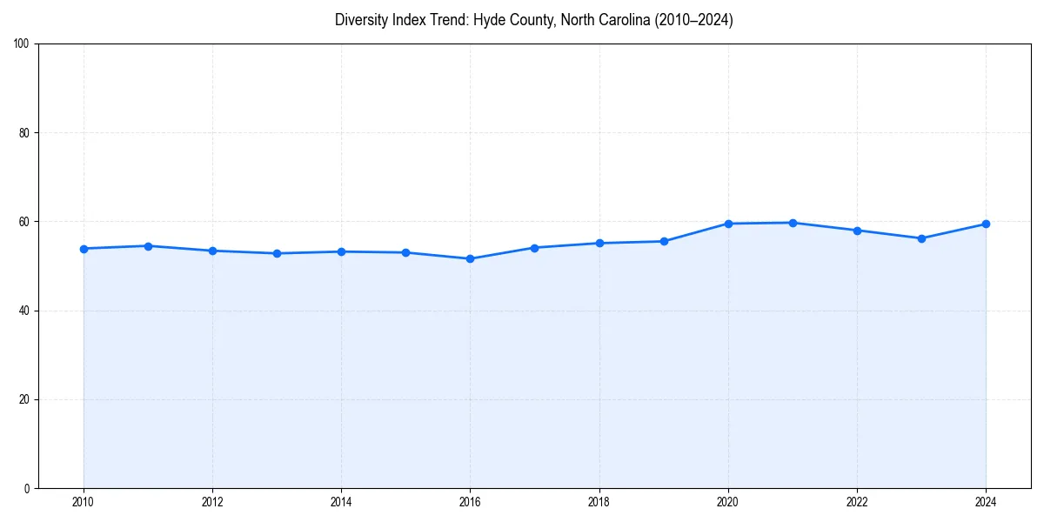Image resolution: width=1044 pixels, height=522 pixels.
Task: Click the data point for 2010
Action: (x=84, y=249)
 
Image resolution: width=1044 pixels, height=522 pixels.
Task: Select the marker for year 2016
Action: (x=470, y=258)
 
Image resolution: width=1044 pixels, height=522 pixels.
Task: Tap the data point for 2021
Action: (x=793, y=223)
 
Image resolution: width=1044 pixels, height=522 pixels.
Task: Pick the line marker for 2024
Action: (x=986, y=224)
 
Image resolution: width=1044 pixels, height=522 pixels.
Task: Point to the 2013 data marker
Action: (x=277, y=253)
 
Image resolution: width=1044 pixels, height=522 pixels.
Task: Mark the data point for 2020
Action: (x=728, y=224)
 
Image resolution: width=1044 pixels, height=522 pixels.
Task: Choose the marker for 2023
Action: (x=921, y=238)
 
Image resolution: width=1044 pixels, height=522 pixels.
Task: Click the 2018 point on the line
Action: (x=599, y=243)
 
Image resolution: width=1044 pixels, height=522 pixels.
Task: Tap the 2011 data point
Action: (x=148, y=246)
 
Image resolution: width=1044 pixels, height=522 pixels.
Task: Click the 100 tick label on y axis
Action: (x=22, y=44)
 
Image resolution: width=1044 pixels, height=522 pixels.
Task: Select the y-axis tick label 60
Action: (x=24, y=222)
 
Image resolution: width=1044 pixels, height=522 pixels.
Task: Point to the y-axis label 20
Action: (x=24, y=399)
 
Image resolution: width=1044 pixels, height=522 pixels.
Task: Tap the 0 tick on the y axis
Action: (x=27, y=488)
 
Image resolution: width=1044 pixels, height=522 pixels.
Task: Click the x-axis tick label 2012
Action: (x=212, y=501)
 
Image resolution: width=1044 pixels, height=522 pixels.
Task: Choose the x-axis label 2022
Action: (x=857, y=501)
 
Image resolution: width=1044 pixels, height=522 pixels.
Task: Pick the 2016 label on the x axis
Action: (x=470, y=501)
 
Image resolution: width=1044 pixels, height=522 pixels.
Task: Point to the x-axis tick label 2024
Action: (x=986, y=501)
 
